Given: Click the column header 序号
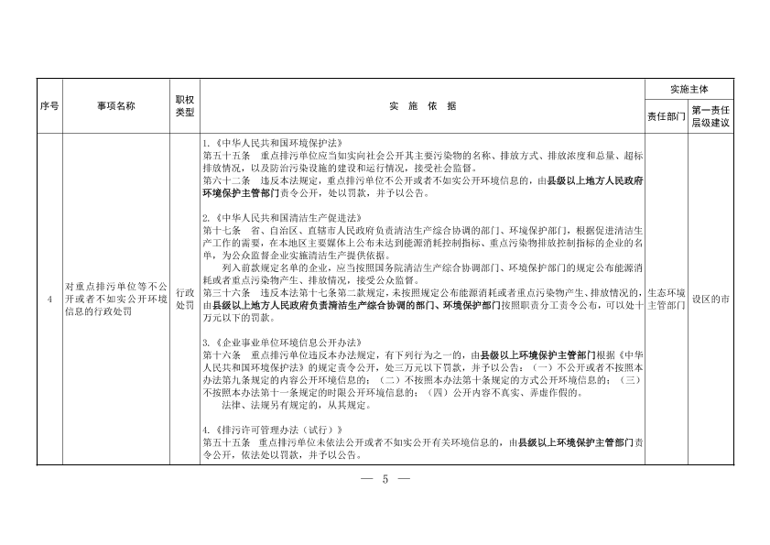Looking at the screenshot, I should tap(49, 106).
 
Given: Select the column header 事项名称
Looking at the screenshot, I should tap(116, 106).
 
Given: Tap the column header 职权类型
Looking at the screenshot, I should tap(184, 106).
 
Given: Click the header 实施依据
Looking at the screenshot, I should tap(421, 106).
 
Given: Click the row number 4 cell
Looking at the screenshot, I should tap(49, 299).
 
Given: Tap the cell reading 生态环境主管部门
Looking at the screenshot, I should tap(666, 299).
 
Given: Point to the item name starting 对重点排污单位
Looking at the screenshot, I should tap(116, 299).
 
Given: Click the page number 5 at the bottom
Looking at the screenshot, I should tap(385, 479).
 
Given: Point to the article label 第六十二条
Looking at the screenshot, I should tap(221, 182).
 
